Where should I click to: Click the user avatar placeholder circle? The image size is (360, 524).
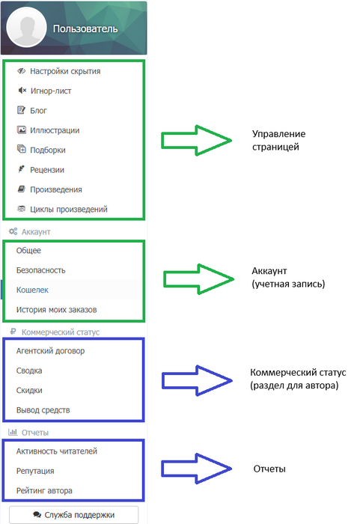pos(26,28)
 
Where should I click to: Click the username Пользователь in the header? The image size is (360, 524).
pos(85,28)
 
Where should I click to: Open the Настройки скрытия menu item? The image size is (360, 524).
pos(65,71)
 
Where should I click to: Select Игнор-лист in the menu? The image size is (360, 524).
pos(51,91)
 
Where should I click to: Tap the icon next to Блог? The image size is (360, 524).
pos(21,110)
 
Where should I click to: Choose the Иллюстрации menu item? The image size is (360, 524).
pos(55,130)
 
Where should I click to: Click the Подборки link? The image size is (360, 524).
pos(48,150)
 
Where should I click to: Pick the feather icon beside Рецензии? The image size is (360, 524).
pos(21,169)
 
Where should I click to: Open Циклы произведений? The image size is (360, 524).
pos(69,209)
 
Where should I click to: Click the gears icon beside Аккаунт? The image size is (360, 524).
pos(13,231)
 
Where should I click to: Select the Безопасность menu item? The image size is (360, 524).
pos(40,270)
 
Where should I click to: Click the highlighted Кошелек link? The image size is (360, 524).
pos(32,290)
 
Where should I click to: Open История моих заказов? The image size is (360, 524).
pos(56,310)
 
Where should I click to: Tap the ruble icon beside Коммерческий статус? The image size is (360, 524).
pos(13,332)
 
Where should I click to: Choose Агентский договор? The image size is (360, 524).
pos(50,351)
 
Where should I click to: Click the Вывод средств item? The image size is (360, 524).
pos(43,410)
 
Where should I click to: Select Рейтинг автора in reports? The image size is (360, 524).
pos(44,490)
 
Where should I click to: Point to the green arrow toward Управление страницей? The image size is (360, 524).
pos(197,141)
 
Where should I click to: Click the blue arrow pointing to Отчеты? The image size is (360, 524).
pos(197,469)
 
